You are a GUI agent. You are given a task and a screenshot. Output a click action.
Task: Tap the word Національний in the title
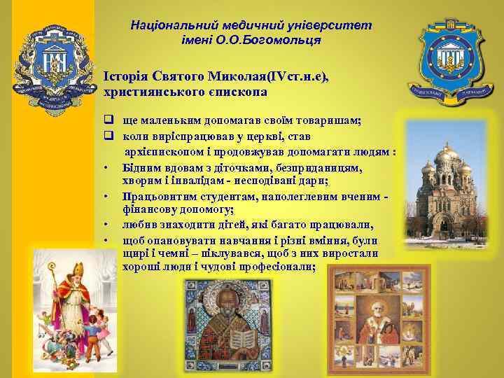tap(165, 25)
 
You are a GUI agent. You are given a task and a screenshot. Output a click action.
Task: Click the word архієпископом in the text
tap(162, 153)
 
